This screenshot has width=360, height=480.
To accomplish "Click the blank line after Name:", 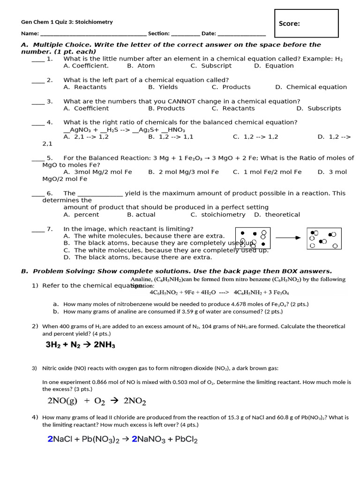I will pos(93,34).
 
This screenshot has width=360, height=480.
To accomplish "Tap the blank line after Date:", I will pos(241,34).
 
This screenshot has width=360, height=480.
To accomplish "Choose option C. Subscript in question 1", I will pos(211,66).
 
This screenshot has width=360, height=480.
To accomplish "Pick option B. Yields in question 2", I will pos(163,87).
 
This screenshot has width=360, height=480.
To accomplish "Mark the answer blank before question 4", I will pos(38,123).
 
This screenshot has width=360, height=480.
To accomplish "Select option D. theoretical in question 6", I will pos(277,215).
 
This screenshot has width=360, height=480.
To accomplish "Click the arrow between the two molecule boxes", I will pos(288,238).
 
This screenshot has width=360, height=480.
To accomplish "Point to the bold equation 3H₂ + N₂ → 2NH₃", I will pos(80,345).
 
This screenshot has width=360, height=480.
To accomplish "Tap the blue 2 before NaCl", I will pos(50,440).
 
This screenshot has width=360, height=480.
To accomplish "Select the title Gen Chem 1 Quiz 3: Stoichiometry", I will pos(67,22).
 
